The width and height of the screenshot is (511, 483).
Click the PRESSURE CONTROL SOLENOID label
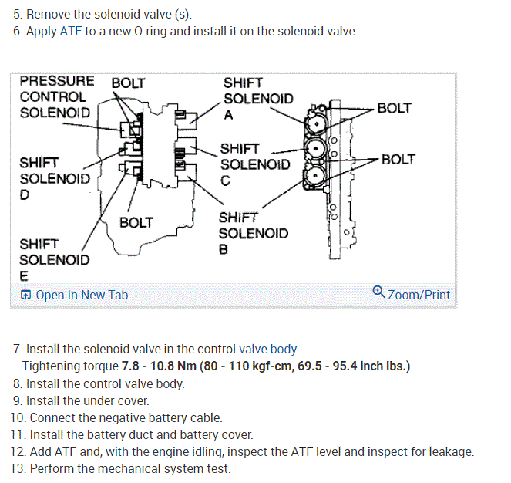[x=56, y=96]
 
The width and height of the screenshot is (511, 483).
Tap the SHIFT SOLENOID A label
[x=257, y=98]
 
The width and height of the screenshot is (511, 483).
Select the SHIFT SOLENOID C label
[x=254, y=164]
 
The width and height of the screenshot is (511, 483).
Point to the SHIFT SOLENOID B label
[x=253, y=233]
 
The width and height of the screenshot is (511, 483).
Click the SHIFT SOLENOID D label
[x=54, y=178]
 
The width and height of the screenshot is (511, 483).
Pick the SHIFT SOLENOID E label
[x=54, y=259]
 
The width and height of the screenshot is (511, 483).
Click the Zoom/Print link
[x=419, y=295]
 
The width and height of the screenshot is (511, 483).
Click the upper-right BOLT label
[x=394, y=109]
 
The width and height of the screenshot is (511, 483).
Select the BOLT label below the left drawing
[x=136, y=223]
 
